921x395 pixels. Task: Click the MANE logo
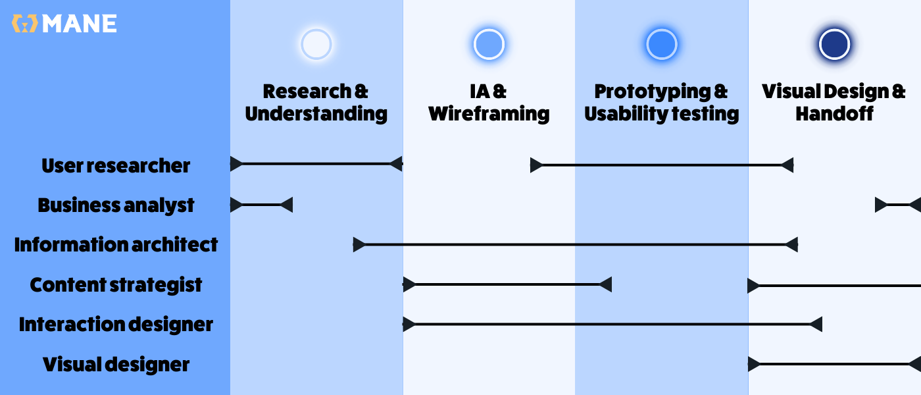64,24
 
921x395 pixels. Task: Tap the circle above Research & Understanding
316,45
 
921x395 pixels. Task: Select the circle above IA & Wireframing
489,45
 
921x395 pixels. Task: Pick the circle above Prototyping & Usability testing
662,45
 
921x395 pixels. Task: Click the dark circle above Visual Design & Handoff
834,45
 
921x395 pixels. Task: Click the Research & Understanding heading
316,102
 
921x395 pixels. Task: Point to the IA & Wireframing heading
489,102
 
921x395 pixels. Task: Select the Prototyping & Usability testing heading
662,102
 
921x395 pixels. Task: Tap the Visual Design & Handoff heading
834,102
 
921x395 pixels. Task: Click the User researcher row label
116,165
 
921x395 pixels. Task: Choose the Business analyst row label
116,205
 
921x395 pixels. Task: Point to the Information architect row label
116,245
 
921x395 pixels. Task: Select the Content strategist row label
116,285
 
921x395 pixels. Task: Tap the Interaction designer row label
116,325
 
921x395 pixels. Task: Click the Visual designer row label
116,364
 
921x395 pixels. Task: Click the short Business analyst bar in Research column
261,205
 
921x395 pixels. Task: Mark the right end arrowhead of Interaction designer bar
816,324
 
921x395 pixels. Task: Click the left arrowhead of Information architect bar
359,245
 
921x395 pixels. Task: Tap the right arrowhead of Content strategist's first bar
605,284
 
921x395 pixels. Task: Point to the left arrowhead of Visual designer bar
754,364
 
